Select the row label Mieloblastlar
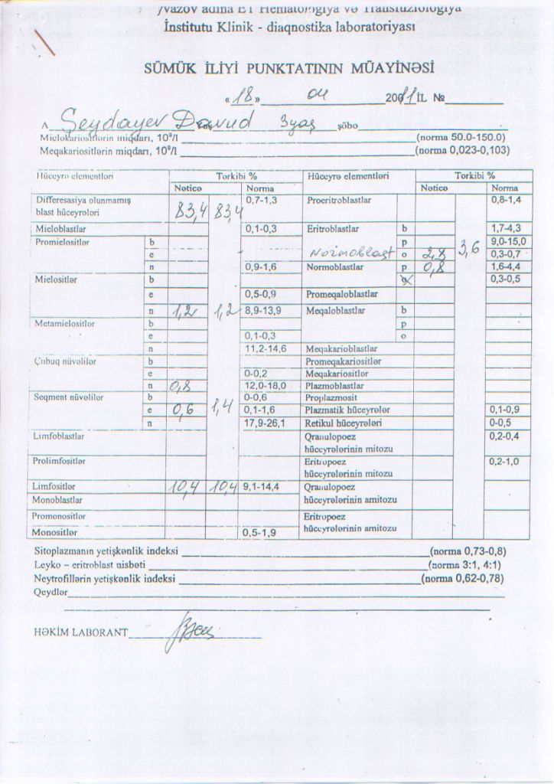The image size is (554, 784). point(61,228)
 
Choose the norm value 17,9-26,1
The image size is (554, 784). point(264,422)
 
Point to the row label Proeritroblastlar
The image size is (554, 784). point(339,200)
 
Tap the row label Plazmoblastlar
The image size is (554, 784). point(335,385)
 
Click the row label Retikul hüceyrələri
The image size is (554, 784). point(344,422)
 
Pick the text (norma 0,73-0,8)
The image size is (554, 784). point(468,550)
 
